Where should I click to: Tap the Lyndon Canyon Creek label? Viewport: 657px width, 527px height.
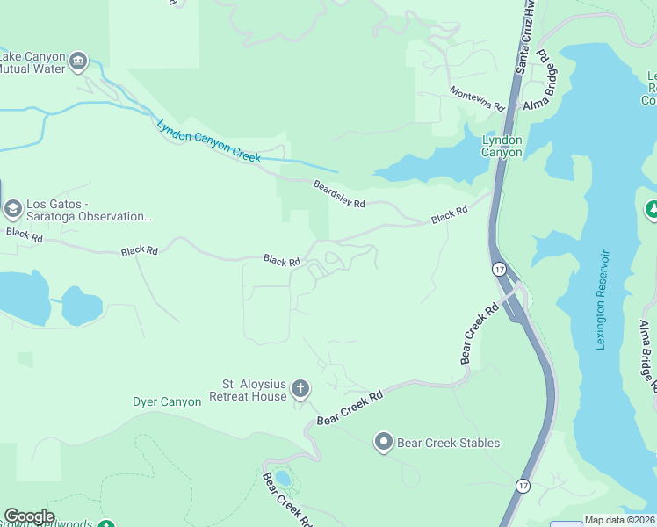point(209,141)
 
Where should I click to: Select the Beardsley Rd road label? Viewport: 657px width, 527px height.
point(339,194)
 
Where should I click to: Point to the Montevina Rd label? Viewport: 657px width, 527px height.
point(477,98)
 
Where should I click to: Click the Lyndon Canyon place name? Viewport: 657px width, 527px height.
point(502,146)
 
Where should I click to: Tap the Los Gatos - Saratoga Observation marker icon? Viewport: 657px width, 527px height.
point(13,209)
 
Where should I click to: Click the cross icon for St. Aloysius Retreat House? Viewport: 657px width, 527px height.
point(300,389)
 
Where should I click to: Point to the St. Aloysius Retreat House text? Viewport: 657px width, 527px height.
point(254,390)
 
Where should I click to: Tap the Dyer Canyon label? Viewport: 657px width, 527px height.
point(167,402)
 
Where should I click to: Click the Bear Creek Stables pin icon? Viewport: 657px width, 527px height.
point(383,442)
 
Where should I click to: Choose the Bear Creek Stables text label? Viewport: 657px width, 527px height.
point(449,443)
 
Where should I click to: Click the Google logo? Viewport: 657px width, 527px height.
point(29,516)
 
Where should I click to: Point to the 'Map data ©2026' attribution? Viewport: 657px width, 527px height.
point(619,520)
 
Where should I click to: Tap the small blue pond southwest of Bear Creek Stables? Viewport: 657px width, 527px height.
point(282,479)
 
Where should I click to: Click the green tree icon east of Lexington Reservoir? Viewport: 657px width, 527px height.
point(652,209)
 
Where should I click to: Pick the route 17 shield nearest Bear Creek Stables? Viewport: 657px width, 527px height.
point(523,485)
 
